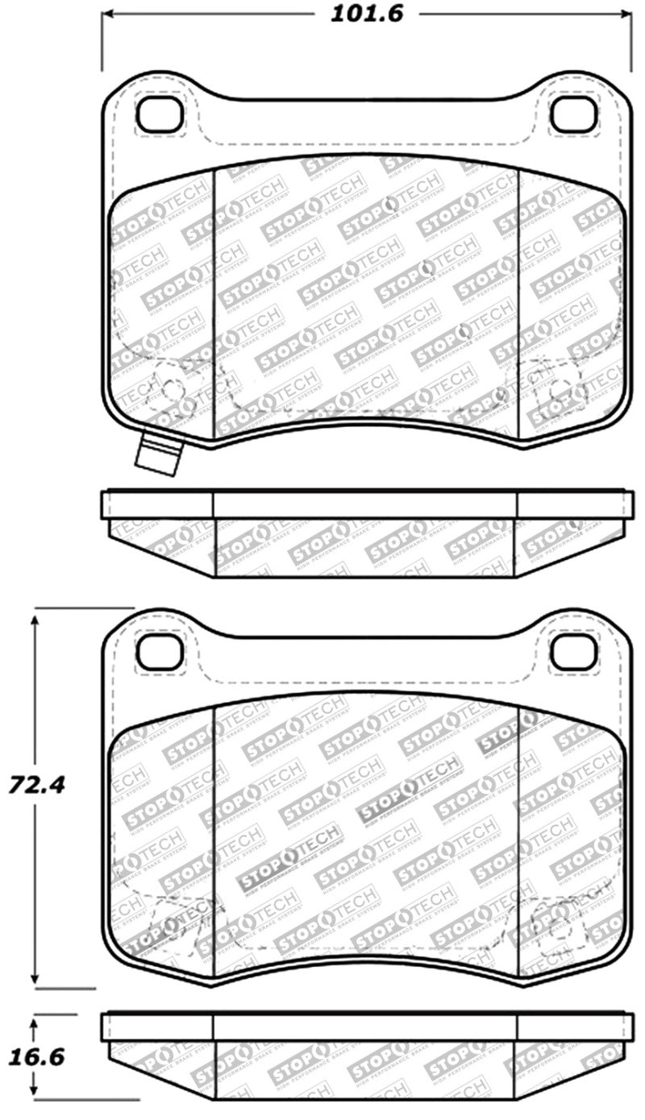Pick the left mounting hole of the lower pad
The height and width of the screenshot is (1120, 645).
pyautogui.click(x=160, y=651)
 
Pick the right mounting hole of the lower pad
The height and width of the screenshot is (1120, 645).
pyautogui.click(x=573, y=651)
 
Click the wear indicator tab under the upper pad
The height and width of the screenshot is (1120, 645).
pyautogui.click(x=157, y=455)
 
